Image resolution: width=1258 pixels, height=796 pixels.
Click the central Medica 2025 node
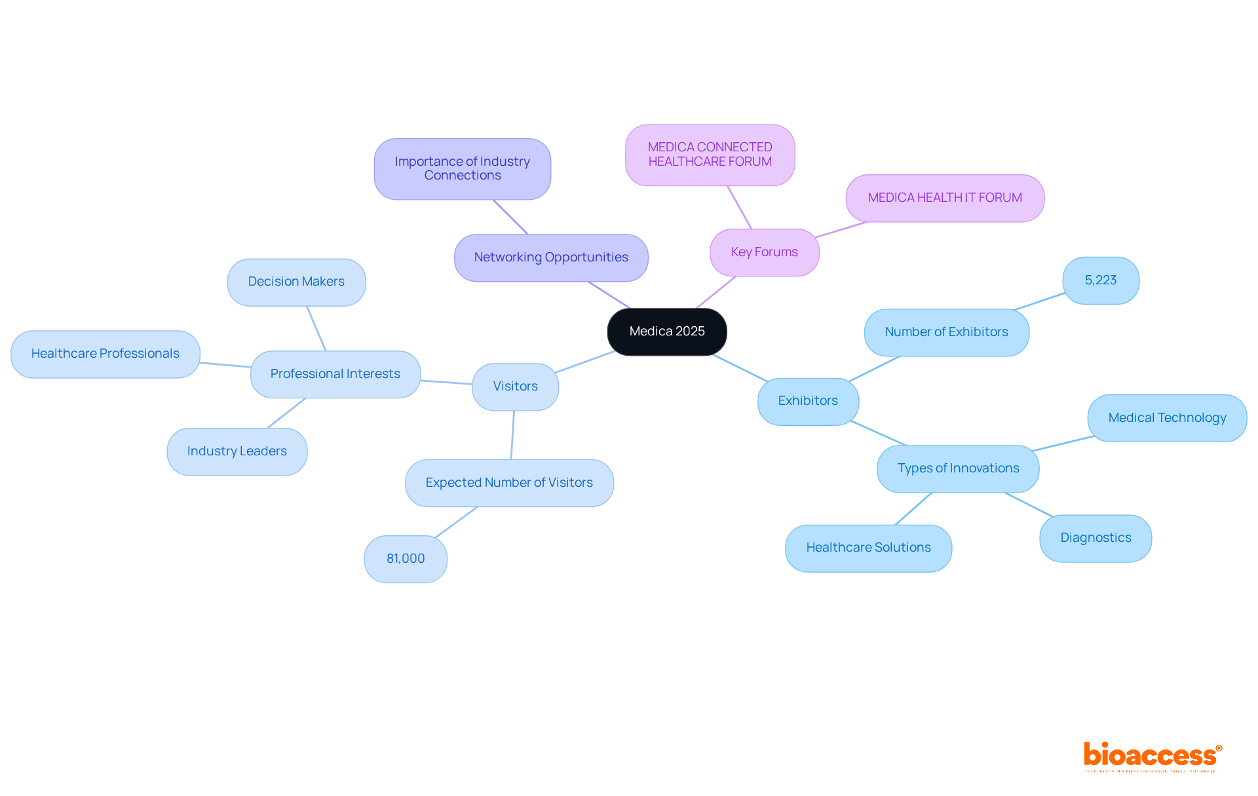point(667,332)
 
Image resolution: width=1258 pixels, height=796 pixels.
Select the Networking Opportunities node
point(551,257)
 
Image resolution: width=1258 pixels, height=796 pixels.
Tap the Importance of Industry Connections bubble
point(463,168)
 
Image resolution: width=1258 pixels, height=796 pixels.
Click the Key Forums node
point(764,252)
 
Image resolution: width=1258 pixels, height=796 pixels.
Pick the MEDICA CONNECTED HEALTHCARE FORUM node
point(710,155)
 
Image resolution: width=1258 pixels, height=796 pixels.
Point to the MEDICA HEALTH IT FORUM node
point(945,198)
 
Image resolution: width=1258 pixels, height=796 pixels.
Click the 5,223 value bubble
point(1101,280)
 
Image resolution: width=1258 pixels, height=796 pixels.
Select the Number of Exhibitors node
point(946,332)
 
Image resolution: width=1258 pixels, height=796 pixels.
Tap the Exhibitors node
point(808,401)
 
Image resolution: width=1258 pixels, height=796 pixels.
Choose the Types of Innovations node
point(958,468)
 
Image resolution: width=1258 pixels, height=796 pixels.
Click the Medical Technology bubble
point(1167,418)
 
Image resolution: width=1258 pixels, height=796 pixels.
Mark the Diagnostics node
point(1096,538)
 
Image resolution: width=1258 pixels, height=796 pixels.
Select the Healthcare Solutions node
point(868,548)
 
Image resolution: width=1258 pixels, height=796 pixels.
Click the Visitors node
point(515,387)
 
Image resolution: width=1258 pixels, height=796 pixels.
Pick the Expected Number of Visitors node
point(509,483)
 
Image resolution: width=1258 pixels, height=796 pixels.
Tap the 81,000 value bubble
point(406,559)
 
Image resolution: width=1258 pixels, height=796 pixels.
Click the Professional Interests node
point(335,374)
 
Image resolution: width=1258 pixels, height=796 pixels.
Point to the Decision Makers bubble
point(296,282)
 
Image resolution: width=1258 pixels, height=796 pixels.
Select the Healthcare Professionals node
point(105,354)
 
